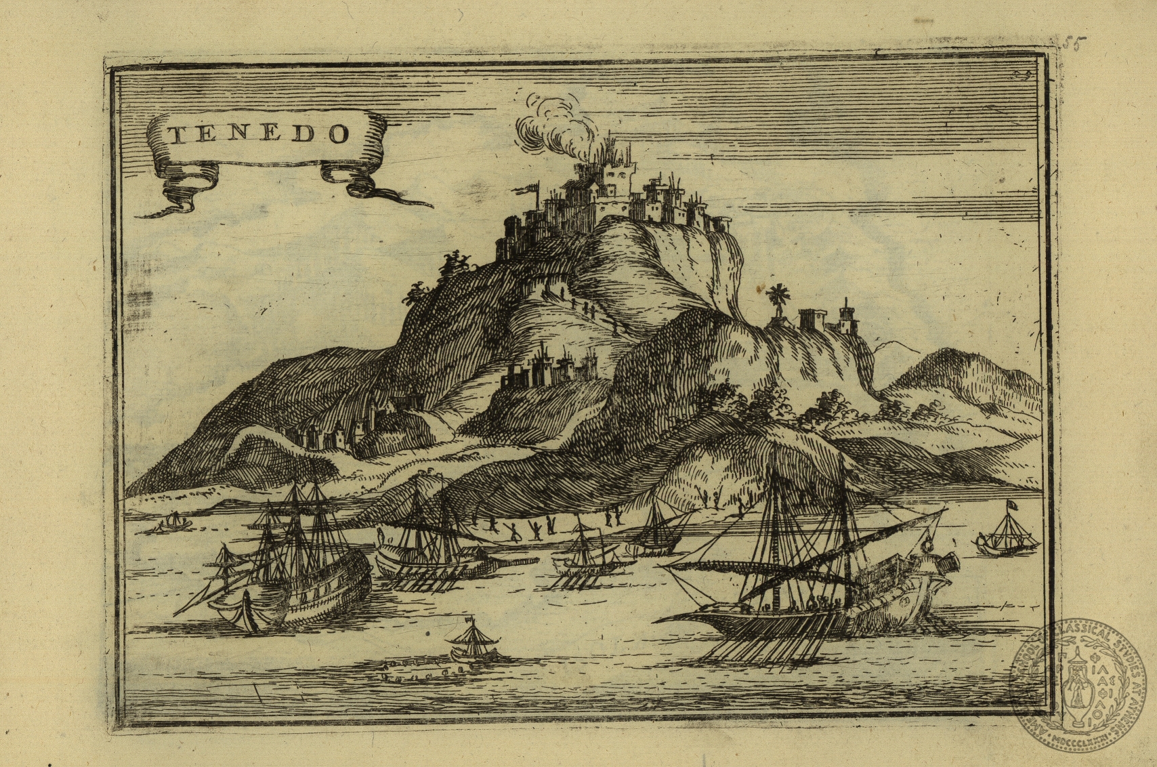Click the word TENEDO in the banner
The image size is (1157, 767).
(259, 133)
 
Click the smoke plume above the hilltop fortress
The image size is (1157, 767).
(549, 125)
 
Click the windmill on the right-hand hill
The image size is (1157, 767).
(778, 299)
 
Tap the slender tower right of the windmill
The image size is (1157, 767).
(845, 317)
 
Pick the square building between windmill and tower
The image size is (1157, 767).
(811, 318)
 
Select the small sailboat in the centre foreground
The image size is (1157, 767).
(471, 640)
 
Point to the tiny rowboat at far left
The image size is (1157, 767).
(173, 522)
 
